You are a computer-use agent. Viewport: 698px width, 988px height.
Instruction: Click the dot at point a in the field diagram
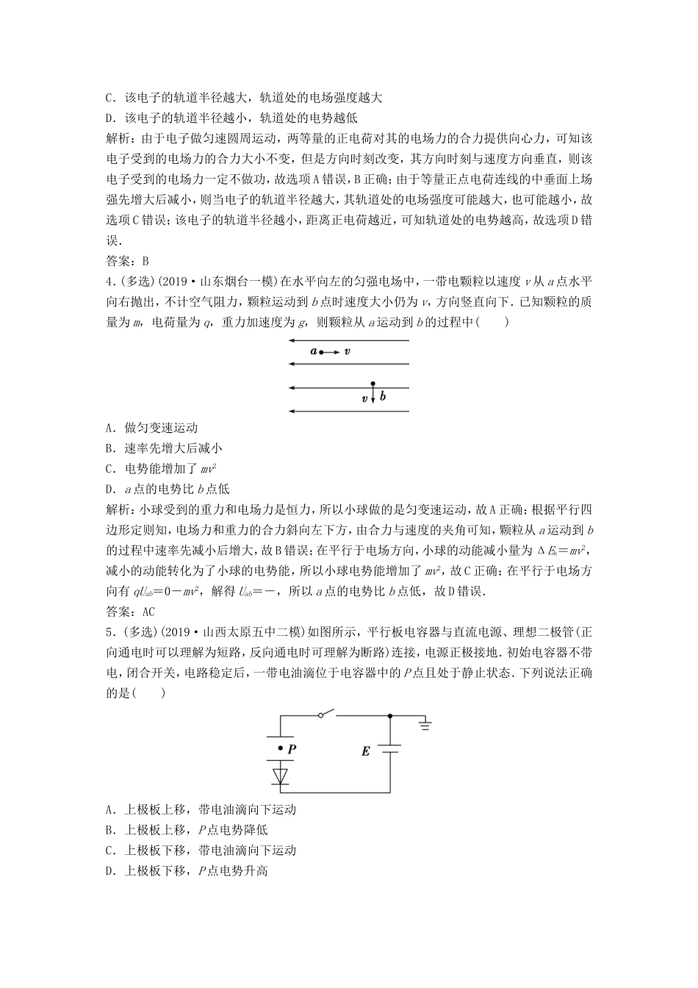tap(321, 352)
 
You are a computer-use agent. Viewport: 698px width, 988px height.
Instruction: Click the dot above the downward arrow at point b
tap(373, 384)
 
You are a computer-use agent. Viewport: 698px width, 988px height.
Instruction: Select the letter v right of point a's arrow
tap(347, 352)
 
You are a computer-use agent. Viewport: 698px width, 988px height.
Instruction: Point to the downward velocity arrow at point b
tap(373, 395)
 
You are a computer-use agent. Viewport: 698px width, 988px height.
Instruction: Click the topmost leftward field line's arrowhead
tap(292, 340)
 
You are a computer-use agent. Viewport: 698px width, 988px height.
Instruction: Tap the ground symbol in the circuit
tap(425, 726)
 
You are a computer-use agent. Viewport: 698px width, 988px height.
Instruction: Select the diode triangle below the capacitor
tap(280, 775)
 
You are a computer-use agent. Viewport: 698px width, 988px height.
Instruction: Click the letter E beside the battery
tap(365, 752)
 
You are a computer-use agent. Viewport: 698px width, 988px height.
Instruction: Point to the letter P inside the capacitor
tap(291, 748)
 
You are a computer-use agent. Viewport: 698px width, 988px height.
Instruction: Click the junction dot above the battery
tap(389, 715)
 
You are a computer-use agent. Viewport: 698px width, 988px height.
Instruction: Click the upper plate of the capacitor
tap(280, 737)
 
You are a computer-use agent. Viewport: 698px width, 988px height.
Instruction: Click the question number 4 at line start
tap(109, 280)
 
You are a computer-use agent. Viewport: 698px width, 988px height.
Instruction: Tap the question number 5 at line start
tap(109, 631)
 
